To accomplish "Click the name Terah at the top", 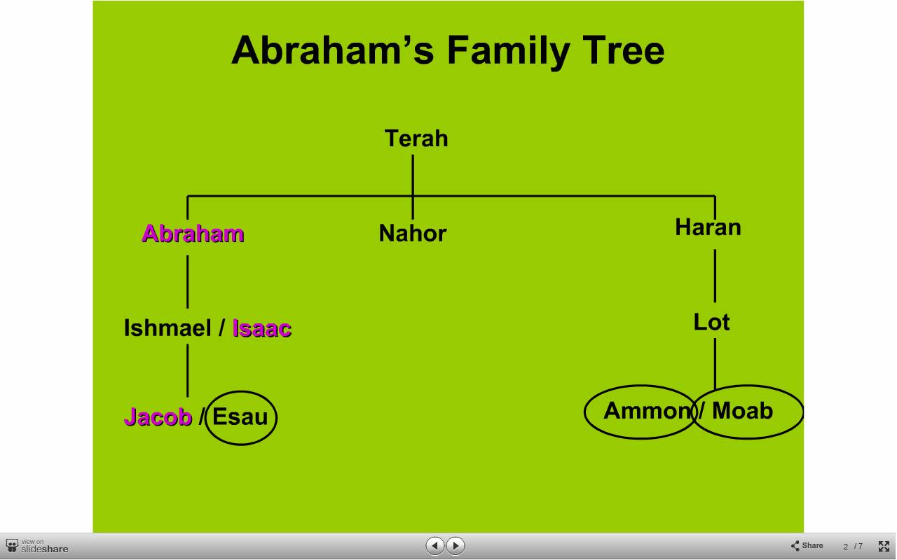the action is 416,139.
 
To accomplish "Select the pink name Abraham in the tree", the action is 193,234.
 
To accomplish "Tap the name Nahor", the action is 413,233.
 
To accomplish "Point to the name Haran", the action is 708,227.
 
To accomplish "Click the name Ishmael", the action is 167,328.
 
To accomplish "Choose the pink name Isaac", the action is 262,328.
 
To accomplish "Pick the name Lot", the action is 711,322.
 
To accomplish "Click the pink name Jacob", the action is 158,416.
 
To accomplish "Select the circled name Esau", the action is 240,416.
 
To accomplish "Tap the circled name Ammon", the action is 648,411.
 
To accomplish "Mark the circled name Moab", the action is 742,411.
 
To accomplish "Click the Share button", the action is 807,545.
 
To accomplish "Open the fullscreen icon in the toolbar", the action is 884,546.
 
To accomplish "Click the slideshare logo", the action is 37,547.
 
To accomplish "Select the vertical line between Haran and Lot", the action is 715,276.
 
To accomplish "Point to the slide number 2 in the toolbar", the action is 845,547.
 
